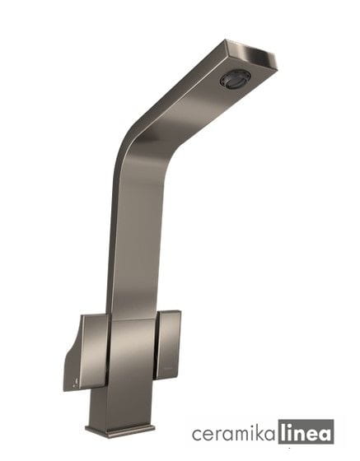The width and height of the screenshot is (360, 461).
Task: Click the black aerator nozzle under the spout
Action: coord(234,79)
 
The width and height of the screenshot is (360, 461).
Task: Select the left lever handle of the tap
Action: coord(86,353)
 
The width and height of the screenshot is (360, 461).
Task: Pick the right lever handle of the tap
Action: coord(168,345)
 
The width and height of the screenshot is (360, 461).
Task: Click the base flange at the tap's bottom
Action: coord(120,430)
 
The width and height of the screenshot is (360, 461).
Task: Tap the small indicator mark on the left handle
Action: coord(77,381)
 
